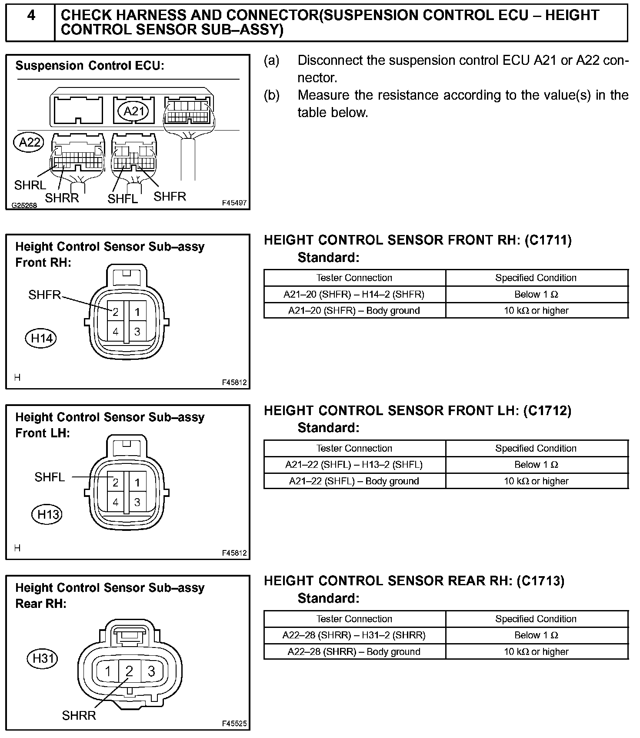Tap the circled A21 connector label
click(134, 111)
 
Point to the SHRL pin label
click(30, 185)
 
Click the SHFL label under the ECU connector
click(123, 199)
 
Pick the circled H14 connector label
click(42, 338)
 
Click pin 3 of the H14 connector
click(137, 332)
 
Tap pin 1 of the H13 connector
click(137, 482)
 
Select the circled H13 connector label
click(47, 515)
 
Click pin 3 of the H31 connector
click(151, 671)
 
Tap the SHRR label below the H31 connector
click(79, 715)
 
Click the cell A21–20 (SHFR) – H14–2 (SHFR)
click(354, 295)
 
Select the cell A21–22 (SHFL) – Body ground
click(354, 481)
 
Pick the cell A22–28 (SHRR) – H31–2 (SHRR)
click(354, 635)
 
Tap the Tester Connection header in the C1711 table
click(354, 278)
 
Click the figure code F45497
click(234, 203)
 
